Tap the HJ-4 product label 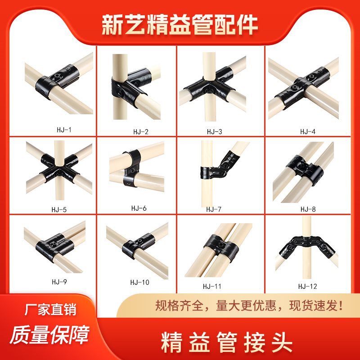point(308,132)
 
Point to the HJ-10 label point(139,282)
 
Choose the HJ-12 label point(308,286)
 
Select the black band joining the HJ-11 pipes point(222,245)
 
